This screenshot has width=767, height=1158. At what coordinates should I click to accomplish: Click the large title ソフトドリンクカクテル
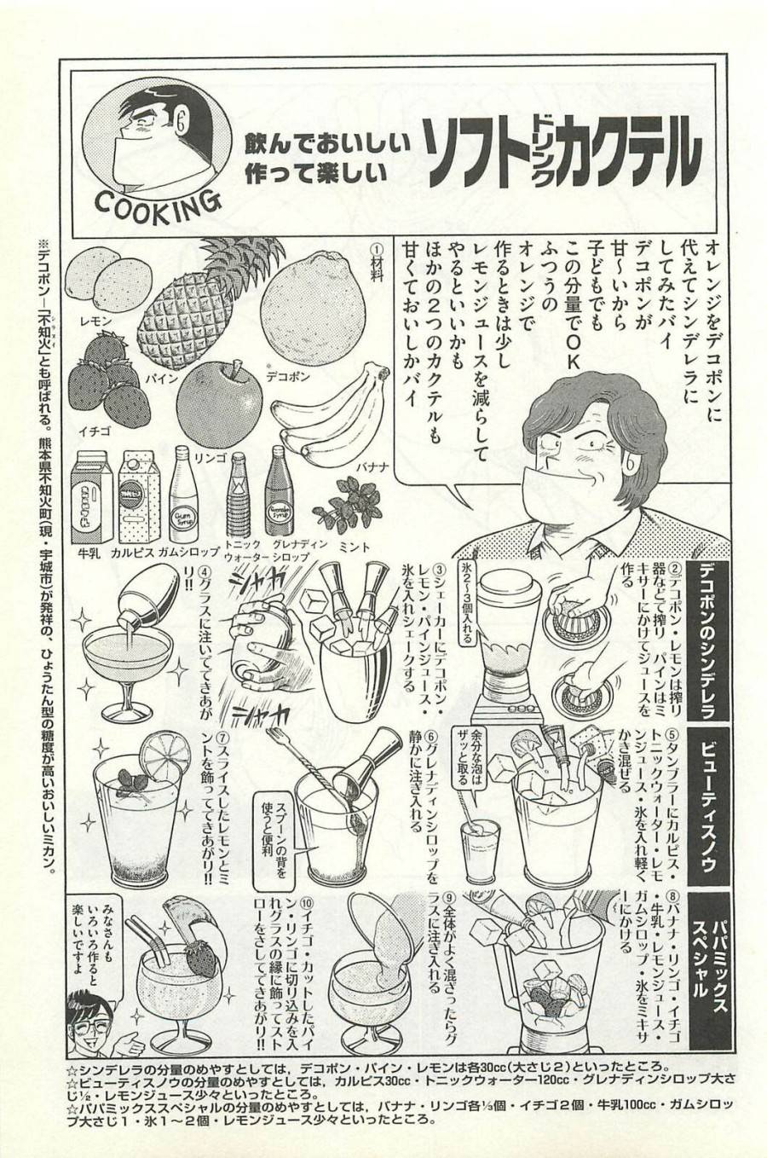pyautogui.click(x=562, y=159)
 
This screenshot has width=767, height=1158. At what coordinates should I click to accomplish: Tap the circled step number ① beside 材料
pyautogui.click(x=376, y=245)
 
